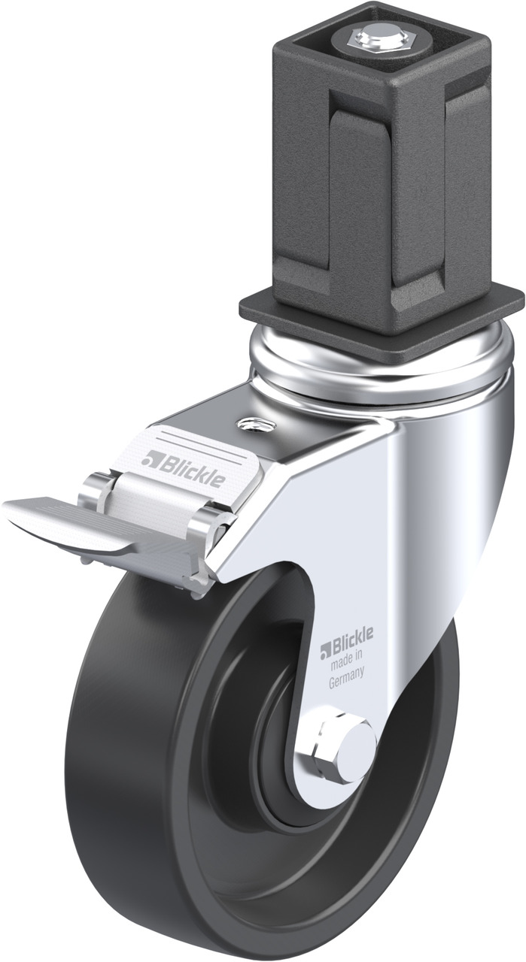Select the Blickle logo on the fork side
[346, 641]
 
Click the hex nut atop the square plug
[379, 41]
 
